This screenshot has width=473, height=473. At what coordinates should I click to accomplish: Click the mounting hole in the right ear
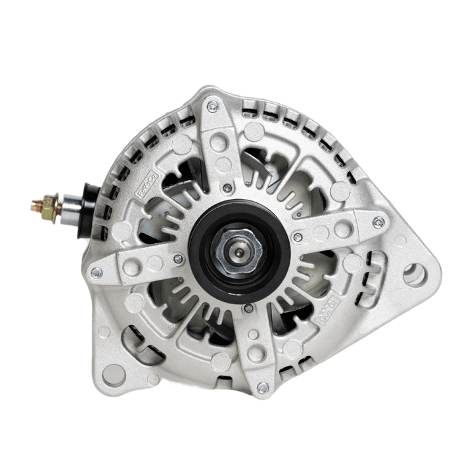click(414, 274)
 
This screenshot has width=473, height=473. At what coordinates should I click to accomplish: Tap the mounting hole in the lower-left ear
click(114, 374)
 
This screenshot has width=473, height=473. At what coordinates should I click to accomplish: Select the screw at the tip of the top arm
click(212, 106)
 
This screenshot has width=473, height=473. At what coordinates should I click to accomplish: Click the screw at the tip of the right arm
click(378, 222)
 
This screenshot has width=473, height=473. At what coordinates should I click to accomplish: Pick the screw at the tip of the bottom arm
click(262, 388)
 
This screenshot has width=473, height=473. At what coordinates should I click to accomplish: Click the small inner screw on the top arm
click(227, 188)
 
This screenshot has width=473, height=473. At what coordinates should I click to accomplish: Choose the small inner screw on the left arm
click(177, 259)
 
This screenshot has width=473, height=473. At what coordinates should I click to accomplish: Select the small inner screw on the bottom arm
click(248, 307)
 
